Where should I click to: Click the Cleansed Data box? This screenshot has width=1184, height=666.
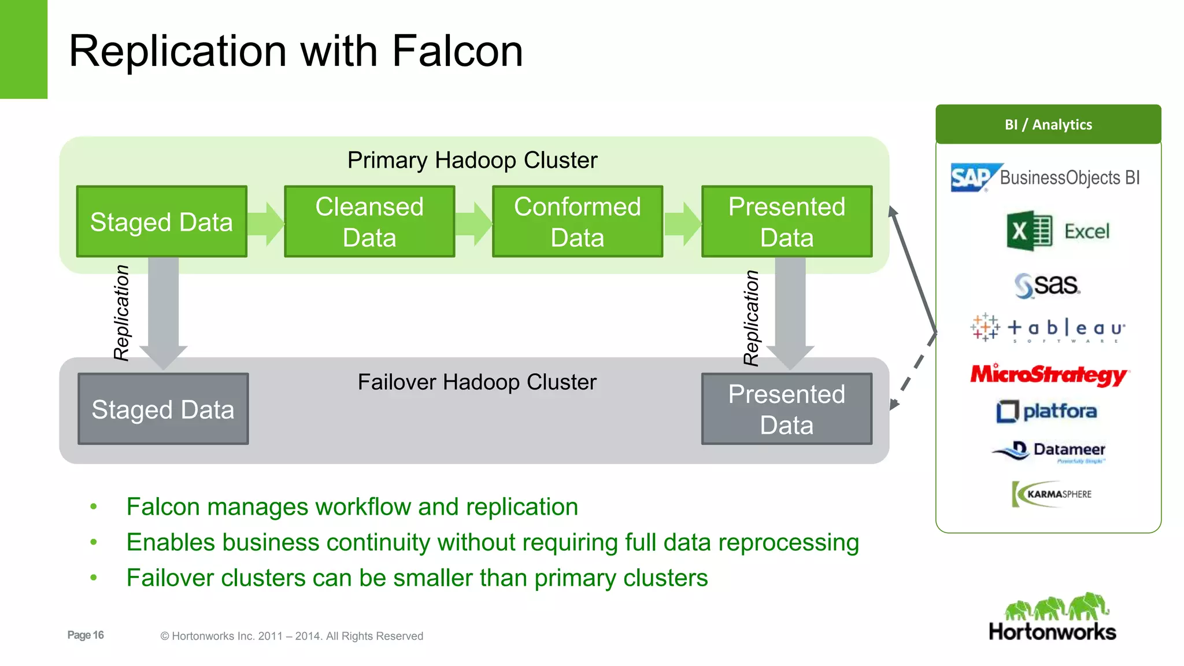click(369, 221)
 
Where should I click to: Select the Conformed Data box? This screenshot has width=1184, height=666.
click(578, 221)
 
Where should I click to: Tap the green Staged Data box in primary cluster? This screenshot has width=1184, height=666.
click(162, 221)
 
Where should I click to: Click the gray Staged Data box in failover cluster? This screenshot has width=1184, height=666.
click(163, 409)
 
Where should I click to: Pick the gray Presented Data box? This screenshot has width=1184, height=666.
click(786, 409)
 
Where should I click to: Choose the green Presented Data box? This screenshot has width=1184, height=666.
click(786, 221)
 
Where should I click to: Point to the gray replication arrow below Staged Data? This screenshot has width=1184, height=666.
click(164, 312)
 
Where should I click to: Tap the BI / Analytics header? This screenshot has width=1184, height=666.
click(1048, 124)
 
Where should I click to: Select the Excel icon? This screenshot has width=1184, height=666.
click(1029, 231)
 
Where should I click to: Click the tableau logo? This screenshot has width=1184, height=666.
click(1048, 328)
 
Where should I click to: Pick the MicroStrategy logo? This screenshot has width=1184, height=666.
click(1049, 375)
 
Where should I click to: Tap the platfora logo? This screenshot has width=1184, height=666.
click(1046, 411)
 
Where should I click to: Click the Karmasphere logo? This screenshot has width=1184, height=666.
click(1052, 494)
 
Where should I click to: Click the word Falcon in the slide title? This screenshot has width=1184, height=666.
click(457, 51)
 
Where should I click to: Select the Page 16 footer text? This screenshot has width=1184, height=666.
click(86, 635)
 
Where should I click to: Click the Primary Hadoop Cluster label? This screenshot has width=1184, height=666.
click(472, 160)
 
